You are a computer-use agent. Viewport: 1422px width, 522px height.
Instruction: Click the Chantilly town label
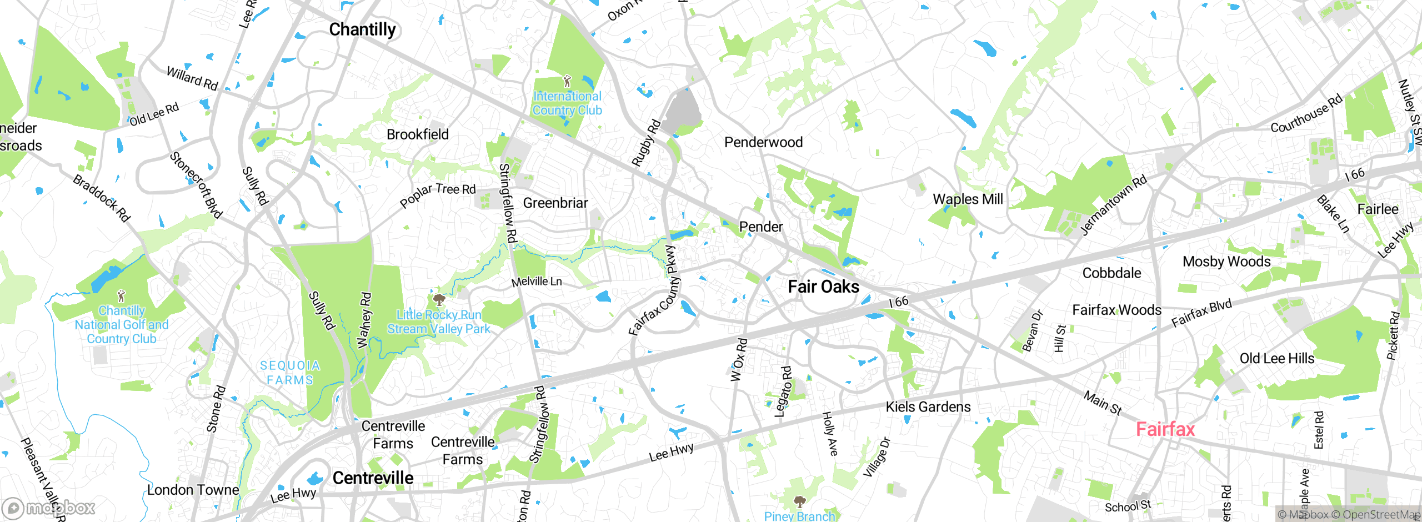click(x=362, y=29)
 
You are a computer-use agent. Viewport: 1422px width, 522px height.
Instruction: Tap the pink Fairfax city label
click(x=1165, y=429)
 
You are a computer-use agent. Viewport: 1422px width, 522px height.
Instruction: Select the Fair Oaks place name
click(x=823, y=287)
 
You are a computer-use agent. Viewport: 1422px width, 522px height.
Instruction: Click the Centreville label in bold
click(x=373, y=478)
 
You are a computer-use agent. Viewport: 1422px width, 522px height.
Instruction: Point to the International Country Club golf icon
click(x=567, y=82)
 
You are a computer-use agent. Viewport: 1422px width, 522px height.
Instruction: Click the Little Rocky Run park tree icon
click(x=439, y=300)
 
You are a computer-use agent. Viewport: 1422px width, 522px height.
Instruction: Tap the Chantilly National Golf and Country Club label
click(x=122, y=325)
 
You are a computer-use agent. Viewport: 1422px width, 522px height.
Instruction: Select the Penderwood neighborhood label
click(x=763, y=142)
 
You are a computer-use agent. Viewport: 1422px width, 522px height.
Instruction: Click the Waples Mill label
click(x=968, y=199)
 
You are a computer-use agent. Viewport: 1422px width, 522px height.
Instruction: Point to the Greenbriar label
click(x=555, y=203)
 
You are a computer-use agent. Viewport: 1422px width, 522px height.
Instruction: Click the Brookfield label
click(x=417, y=134)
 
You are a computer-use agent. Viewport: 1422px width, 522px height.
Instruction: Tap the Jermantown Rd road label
click(x=1113, y=205)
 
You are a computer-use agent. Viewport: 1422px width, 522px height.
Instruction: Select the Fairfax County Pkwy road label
click(x=655, y=292)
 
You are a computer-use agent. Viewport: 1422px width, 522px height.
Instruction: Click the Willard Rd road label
click(x=192, y=78)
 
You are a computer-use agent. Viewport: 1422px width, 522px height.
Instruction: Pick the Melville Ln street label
click(x=537, y=282)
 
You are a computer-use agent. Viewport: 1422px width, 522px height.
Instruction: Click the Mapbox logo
click(x=49, y=508)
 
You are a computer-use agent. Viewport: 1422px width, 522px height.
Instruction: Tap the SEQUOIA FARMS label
click(x=290, y=373)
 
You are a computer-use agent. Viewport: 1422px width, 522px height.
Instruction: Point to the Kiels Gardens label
click(x=928, y=407)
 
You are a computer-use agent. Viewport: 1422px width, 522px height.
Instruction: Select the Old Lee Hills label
click(x=1276, y=358)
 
